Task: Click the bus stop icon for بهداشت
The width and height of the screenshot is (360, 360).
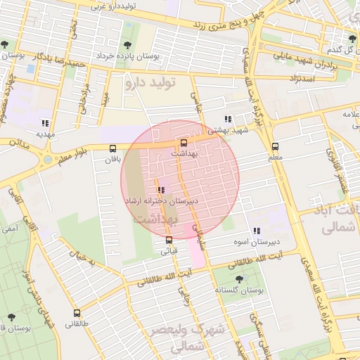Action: [184, 142]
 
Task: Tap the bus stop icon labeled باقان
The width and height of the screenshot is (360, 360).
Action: [112, 148]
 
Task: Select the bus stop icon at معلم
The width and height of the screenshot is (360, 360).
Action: [275, 147]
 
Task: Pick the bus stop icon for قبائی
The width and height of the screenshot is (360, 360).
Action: [169, 240]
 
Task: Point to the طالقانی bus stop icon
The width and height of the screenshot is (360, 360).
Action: [77, 314]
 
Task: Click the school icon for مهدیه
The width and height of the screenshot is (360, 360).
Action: [46, 122]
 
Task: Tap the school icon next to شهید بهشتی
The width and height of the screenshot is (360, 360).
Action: [227, 120]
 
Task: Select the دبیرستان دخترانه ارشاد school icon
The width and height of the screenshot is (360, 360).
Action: [162, 190]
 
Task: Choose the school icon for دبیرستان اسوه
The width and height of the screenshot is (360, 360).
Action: [257, 231]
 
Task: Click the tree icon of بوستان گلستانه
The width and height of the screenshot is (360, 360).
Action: [239, 278]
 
